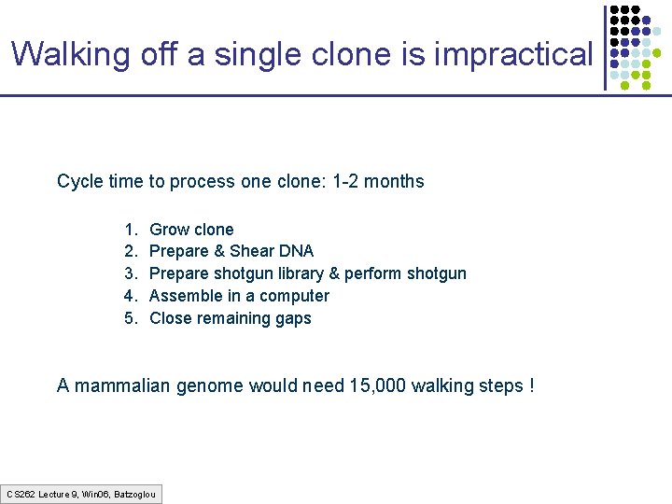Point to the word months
394,181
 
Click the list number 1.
128,230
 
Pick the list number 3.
128,273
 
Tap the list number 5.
128,318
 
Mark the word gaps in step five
293,318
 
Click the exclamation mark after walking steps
531,385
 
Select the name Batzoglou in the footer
134,493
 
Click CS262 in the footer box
21,493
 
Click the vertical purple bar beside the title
605,48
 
